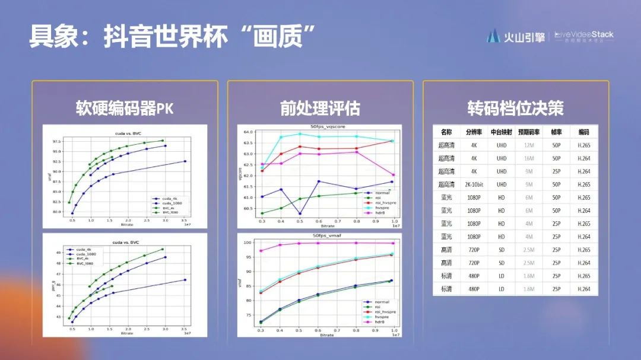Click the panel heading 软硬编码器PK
tap(125, 108)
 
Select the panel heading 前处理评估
tap(320, 108)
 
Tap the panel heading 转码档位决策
tap(515, 108)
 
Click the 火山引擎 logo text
tap(524, 37)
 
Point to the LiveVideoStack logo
tap(584, 36)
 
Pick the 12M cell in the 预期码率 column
tap(529, 145)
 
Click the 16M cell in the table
tap(529, 158)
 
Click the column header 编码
tap(583, 132)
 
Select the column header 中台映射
tap(502, 132)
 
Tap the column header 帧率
tap(556, 132)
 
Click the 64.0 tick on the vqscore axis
tap(249, 132)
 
